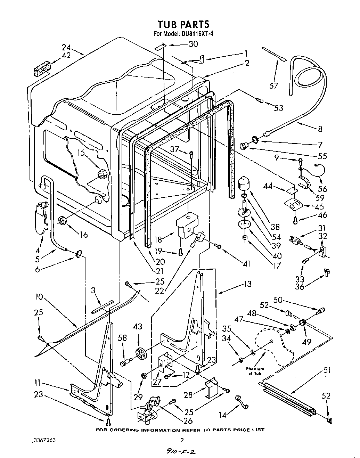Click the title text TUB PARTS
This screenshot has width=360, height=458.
click(x=183, y=24)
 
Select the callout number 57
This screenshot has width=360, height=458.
click(x=274, y=85)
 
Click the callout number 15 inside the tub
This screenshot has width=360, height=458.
click(x=81, y=153)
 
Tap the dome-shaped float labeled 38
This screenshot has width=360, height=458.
click(x=246, y=182)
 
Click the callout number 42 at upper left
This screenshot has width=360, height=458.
click(x=66, y=55)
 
